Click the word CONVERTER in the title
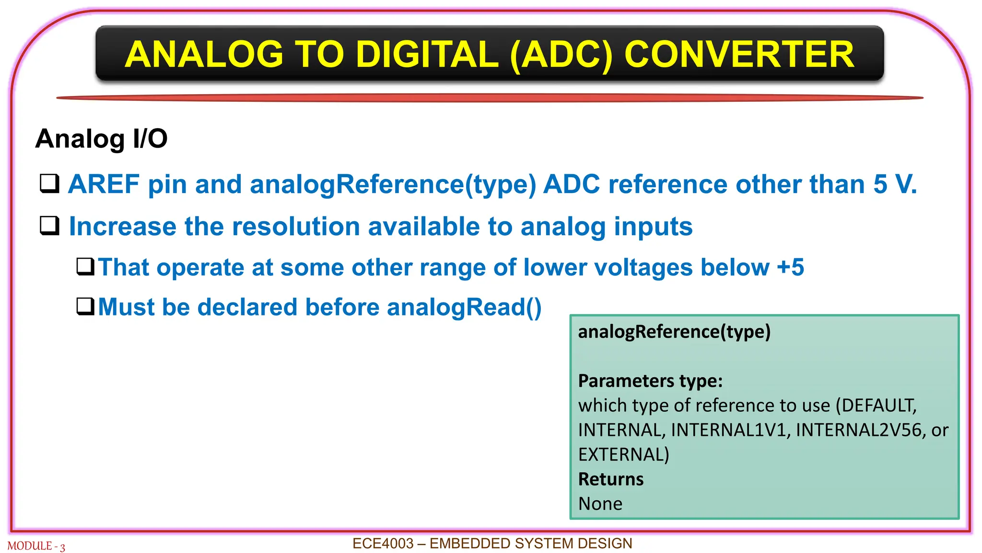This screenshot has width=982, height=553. pyautogui.click(x=739, y=54)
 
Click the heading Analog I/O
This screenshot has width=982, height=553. pyautogui.click(x=101, y=139)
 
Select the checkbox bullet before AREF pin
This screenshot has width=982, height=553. pyautogui.click(x=49, y=183)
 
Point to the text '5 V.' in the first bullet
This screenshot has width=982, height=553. pyautogui.click(x=895, y=184)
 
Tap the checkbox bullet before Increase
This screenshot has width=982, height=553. pyautogui.click(x=49, y=226)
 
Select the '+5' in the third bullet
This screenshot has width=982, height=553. pyautogui.click(x=790, y=267)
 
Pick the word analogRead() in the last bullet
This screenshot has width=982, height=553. pyautogui.click(x=464, y=307)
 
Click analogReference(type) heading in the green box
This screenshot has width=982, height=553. pyautogui.click(x=674, y=332)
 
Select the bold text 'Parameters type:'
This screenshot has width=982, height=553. pyautogui.click(x=650, y=381)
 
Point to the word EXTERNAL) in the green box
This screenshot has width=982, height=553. pyautogui.click(x=623, y=455)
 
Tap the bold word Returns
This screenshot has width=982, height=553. pyautogui.click(x=610, y=479)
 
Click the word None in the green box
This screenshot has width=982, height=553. pyautogui.click(x=600, y=504)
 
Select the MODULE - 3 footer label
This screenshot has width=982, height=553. pyautogui.click(x=36, y=546)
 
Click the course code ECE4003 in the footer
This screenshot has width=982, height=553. pyautogui.click(x=383, y=543)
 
